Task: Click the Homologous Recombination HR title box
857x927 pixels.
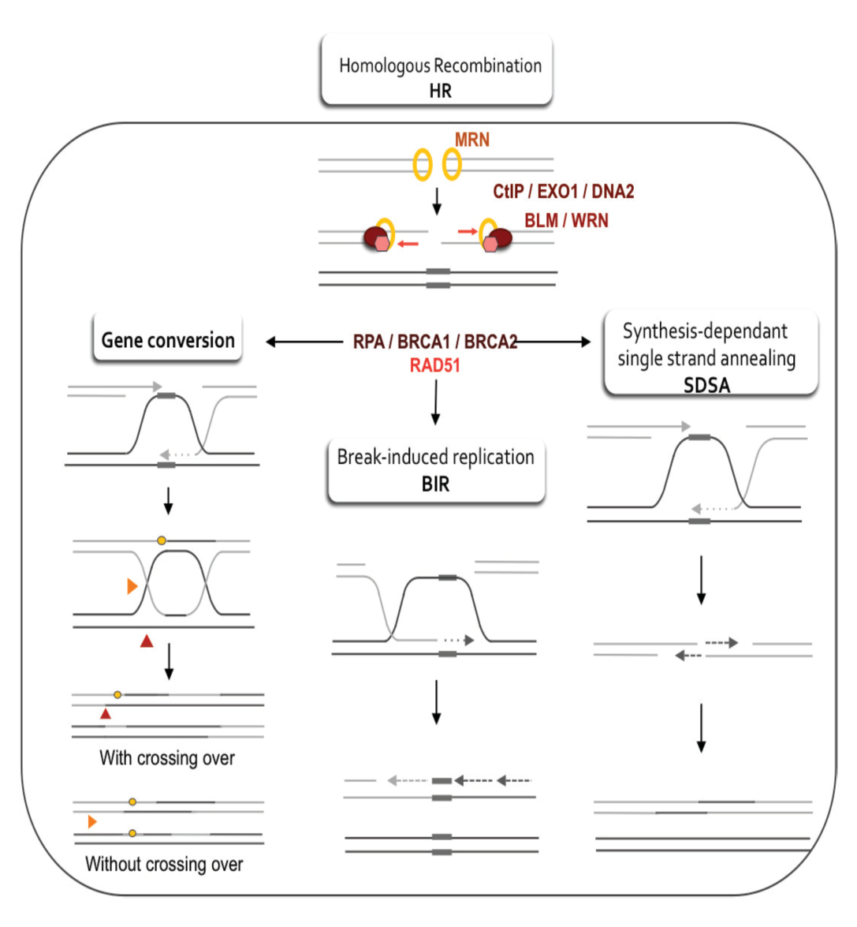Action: point(437,70)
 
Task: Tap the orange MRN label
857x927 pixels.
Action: point(472,140)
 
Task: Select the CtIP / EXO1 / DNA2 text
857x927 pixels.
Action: point(564,192)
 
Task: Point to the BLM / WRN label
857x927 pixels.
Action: point(566,221)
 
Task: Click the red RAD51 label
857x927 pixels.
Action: point(434,365)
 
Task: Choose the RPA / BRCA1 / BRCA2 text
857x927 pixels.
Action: point(435,342)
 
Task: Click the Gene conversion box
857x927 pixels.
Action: point(168,338)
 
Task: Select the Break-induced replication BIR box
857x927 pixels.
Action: point(436,471)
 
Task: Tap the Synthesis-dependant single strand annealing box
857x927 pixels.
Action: point(710,353)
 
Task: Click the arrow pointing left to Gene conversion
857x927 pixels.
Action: point(305,342)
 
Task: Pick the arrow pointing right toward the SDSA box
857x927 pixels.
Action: point(553,342)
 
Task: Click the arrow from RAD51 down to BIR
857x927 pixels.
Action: point(436,402)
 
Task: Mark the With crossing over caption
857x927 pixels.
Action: point(167,758)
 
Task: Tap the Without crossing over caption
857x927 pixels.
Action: point(164,865)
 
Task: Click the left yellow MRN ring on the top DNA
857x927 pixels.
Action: point(423,164)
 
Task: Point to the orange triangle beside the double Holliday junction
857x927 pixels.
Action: point(132,586)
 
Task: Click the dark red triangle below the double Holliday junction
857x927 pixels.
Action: point(147,641)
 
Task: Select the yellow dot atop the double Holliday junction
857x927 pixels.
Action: point(162,540)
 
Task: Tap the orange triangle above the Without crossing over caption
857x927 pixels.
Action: point(92,822)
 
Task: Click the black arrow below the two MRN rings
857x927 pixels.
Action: point(437,202)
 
